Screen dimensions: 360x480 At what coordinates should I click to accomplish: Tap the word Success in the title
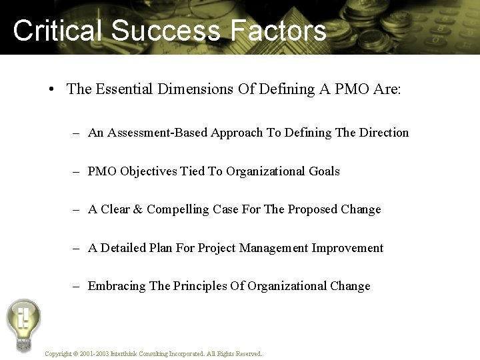pyautogui.click(x=165, y=31)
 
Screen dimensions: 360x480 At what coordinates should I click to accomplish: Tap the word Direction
pyautogui.click(x=383, y=133)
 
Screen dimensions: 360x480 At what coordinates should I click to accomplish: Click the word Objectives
pyautogui.click(x=149, y=171)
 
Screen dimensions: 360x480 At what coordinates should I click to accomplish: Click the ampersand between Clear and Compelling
pyautogui.click(x=138, y=209)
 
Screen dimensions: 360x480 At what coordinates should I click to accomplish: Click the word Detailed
pyautogui.click(x=124, y=248)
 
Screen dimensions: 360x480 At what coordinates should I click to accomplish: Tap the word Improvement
pyautogui.click(x=347, y=248)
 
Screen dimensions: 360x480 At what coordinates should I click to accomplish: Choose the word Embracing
pyautogui.click(x=117, y=286)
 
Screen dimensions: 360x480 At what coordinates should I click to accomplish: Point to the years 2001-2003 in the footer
pyautogui.click(x=92, y=354)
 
